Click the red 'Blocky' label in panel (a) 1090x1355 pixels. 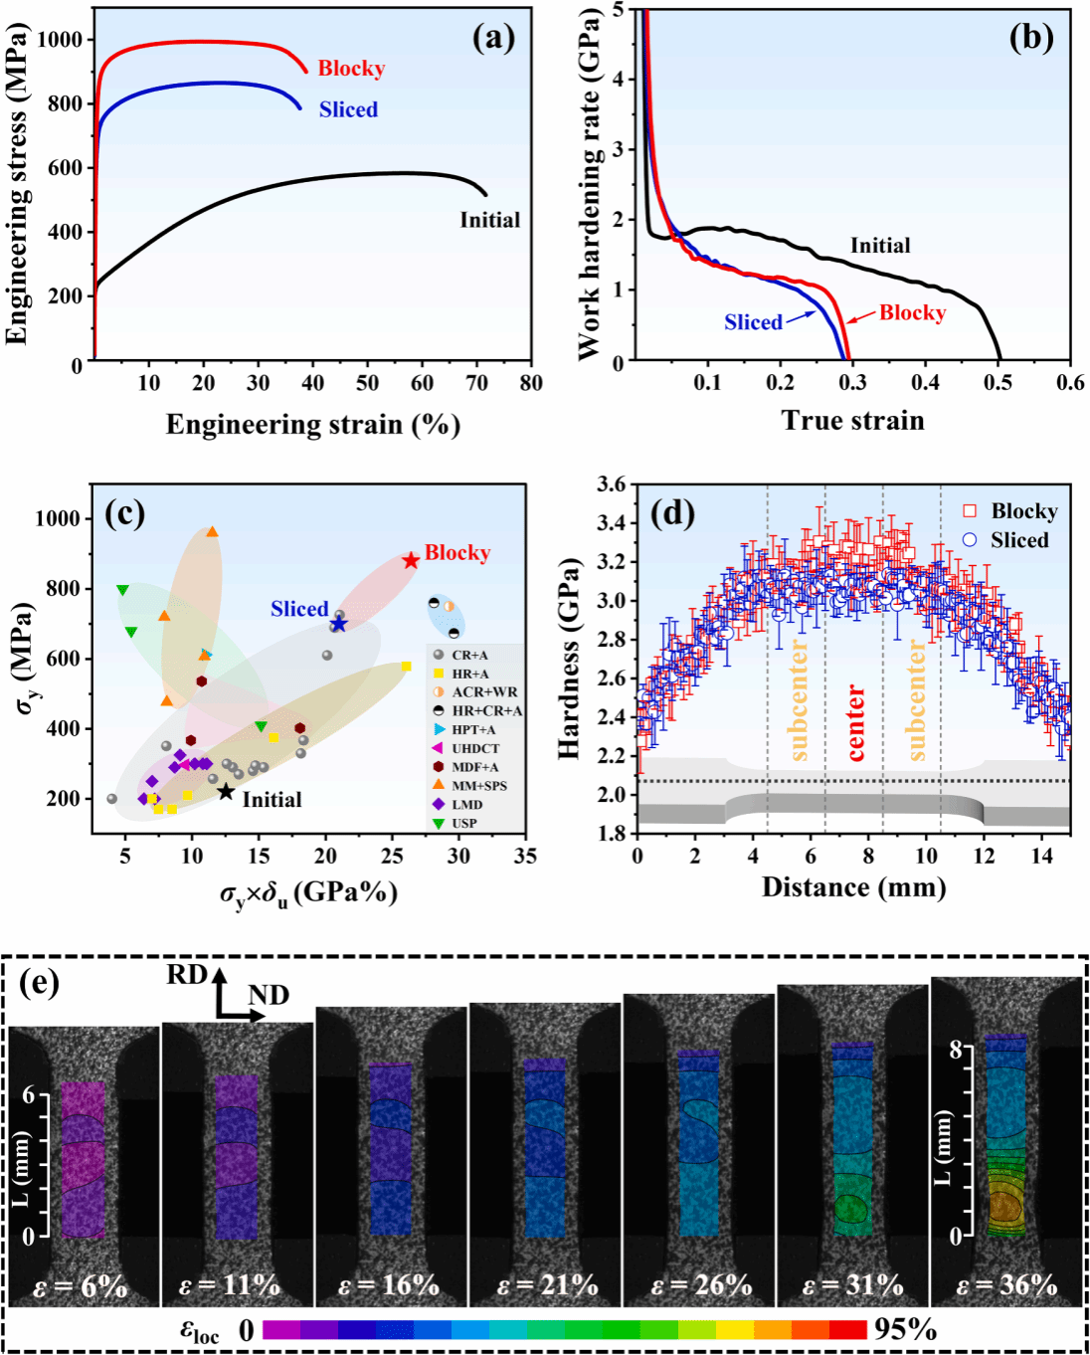click(x=351, y=69)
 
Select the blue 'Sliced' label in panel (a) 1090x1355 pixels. click(x=348, y=109)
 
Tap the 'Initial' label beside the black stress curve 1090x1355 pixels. click(x=489, y=220)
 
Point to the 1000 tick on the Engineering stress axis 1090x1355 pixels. click(x=60, y=40)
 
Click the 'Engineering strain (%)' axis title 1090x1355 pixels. click(x=312, y=425)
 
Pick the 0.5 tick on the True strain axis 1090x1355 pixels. click(x=999, y=383)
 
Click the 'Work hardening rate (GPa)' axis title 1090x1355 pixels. click(x=589, y=184)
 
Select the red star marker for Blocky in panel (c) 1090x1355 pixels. click(x=411, y=560)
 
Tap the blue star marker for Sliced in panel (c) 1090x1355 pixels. click(x=339, y=624)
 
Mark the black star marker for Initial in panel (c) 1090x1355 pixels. click(x=226, y=791)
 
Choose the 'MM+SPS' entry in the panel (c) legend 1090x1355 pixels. click(x=479, y=786)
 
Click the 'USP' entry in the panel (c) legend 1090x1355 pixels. click(x=463, y=824)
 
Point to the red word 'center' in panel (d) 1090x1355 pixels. click(x=854, y=723)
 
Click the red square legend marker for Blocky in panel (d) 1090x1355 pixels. click(x=970, y=511)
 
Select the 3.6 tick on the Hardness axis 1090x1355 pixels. click(x=611, y=484)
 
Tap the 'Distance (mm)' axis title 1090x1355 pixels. click(x=853, y=887)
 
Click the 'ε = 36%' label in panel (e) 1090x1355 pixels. click(x=1006, y=1285)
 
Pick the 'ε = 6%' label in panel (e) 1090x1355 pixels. click(x=81, y=1286)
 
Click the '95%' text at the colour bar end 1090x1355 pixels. click(x=905, y=1329)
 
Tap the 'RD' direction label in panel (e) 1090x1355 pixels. click(x=186, y=975)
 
